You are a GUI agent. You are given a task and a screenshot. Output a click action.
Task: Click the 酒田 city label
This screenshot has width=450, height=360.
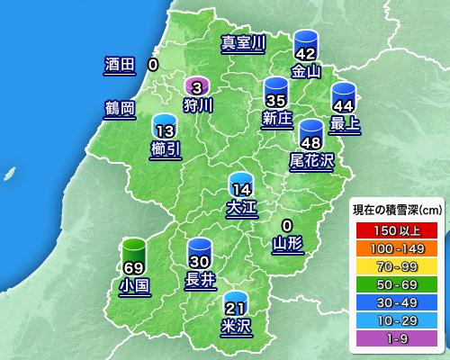(x=119, y=65)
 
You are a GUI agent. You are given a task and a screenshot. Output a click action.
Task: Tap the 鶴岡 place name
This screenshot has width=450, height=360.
(x=119, y=109)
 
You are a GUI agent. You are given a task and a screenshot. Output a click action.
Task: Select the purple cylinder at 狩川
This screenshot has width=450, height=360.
(x=197, y=86)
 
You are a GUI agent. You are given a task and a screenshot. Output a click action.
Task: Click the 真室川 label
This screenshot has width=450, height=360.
(x=244, y=42)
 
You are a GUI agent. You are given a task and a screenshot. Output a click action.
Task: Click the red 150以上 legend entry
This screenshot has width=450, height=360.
(x=392, y=229)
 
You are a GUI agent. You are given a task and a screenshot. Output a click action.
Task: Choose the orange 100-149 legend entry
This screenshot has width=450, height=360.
(x=392, y=246)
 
